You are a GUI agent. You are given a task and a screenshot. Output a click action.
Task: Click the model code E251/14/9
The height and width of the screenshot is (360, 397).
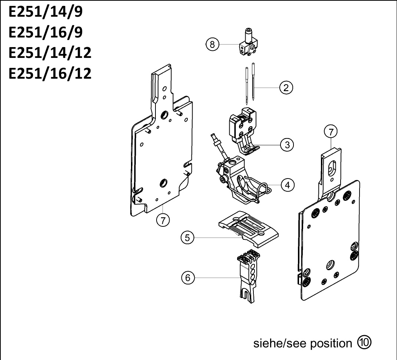[46, 12]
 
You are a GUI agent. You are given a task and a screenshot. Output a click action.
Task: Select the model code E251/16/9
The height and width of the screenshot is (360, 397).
[46, 32]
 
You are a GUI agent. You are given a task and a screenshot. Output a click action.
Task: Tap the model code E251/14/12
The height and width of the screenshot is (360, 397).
[50, 53]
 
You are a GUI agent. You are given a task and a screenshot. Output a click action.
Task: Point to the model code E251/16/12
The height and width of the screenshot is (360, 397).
[50, 73]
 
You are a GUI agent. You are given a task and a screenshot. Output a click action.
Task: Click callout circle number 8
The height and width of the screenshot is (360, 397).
[212, 44]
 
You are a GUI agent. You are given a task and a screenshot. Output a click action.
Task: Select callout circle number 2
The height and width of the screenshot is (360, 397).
[286, 88]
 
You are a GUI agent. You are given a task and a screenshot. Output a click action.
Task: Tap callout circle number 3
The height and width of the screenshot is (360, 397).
[287, 145]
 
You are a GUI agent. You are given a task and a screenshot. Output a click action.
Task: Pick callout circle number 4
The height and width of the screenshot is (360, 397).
[288, 185]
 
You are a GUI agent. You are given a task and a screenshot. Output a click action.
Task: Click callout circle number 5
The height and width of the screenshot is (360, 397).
[187, 238]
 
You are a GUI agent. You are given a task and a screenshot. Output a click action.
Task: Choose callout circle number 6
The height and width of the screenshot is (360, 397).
[188, 278]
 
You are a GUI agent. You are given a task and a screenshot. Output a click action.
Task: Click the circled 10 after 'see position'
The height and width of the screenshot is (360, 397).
[364, 343]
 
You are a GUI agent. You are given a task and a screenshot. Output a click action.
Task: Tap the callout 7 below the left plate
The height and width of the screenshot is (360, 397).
[163, 220]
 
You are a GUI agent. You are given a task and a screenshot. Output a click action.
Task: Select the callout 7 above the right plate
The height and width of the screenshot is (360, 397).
[331, 132]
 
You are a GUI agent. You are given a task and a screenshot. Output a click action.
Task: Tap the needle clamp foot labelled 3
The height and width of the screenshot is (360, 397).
[243, 131]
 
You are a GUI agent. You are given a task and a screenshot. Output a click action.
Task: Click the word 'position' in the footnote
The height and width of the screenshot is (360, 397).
[331, 344]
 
